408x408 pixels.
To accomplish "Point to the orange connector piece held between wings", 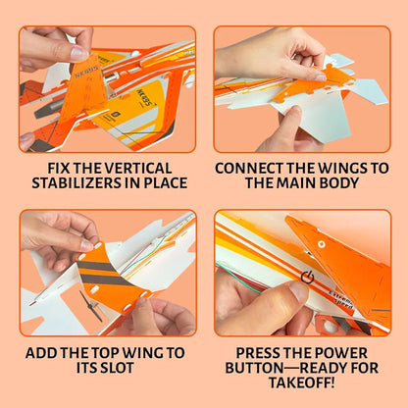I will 331,81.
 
